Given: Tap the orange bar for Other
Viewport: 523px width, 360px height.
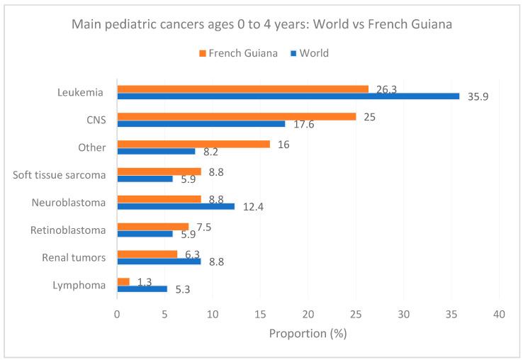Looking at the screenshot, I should click(x=193, y=144).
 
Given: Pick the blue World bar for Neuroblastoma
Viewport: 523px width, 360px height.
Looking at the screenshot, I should click(x=176, y=206).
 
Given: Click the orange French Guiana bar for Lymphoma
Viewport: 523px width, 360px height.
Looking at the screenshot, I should click(x=123, y=281).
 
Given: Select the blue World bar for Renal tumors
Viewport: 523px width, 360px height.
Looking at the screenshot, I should click(x=159, y=261).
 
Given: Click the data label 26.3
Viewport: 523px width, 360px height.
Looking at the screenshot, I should click(x=386, y=89).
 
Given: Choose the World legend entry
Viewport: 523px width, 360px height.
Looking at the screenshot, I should click(x=309, y=53).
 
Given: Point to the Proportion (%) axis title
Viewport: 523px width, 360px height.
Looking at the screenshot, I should click(x=308, y=333).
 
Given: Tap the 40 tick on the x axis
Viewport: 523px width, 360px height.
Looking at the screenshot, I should click(x=500, y=313).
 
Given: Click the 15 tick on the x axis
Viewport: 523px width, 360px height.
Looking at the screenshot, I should click(x=260, y=313).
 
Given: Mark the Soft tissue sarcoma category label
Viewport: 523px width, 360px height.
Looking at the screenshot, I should click(x=60, y=175).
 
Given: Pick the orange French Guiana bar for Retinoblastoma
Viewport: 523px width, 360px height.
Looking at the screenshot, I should click(x=152, y=227).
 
